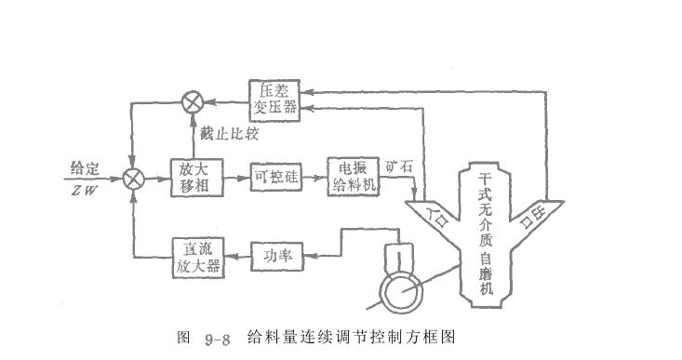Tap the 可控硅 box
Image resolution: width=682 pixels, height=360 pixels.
point(274,174)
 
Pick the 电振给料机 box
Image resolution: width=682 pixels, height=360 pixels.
point(352,174)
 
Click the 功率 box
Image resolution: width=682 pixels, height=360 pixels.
point(276,254)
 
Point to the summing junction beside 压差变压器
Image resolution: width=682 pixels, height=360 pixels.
point(194,100)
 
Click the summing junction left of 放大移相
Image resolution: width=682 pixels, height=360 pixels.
point(136,175)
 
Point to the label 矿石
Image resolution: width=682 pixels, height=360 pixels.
point(399,166)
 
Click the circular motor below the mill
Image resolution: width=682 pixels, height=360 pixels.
point(396,291)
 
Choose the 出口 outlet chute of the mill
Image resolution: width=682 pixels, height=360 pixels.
point(535,216)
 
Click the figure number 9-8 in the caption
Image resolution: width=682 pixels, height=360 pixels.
point(215,338)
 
